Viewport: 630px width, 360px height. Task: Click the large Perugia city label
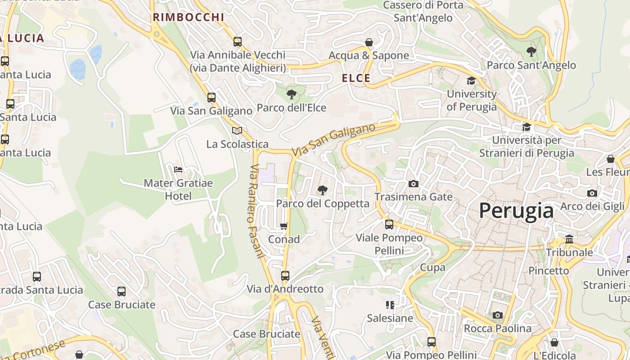click(x=516, y=211)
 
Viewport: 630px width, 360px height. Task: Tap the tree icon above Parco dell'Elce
click(x=292, y=94)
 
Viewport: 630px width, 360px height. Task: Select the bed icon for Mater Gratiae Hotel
click(x=178, y=170)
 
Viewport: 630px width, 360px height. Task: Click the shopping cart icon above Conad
click(x=283, y=226)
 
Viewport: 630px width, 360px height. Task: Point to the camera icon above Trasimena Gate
click(x=413, y=184)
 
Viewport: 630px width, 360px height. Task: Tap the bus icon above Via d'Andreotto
click(x=285, y=275)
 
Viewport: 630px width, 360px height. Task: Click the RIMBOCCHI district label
click(x=188, y=17)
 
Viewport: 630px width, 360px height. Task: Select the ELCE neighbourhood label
click(x=356, y=78)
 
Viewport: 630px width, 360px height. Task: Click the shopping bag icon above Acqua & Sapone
click(x=369, y=42)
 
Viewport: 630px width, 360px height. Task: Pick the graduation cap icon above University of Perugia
click(x=471, y=81)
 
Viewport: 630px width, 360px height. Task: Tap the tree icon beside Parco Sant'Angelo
click(x=531, y=52)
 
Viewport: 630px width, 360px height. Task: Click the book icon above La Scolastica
click(x=237, y=130)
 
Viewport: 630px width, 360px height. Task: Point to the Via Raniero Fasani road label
click(x=256, y=211)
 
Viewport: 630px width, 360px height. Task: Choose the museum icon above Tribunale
click(x=569, y=239)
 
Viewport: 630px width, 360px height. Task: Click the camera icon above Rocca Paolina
click(x=497, y=315)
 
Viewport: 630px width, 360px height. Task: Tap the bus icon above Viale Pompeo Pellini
click(x=389, y=224)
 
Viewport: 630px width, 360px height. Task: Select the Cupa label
click(x=432, y=267)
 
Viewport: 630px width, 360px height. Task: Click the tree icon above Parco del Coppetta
click(x=322, y=190)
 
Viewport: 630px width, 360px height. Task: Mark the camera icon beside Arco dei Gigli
click(x=592, y=193)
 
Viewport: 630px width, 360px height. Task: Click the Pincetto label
click(x=549, y=270)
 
